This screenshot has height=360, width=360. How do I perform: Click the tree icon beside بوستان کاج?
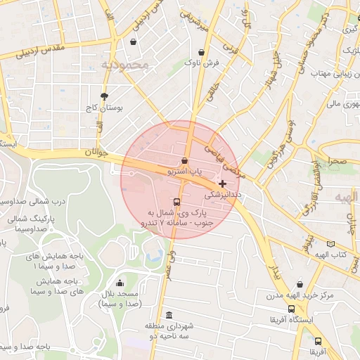tap(105, 96)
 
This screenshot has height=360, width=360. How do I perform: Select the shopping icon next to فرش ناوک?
tap(202, 52)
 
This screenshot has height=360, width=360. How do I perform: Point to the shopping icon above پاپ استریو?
tap(184, 160)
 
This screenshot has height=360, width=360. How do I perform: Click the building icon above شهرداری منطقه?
tap(169, 315)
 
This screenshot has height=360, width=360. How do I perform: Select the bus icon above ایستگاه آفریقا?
tap(291, 308)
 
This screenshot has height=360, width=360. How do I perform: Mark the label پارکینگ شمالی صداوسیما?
tap(27, 223)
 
